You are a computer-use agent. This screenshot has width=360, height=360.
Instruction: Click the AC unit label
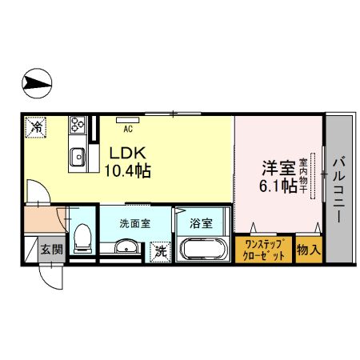(x=126, y=124)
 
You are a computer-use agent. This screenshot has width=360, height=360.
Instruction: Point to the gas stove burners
(x=78, y=125)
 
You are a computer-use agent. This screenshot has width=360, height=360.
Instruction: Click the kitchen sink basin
(x=78, y=155)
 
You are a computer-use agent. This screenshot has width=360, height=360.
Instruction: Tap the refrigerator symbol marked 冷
(x=35, y=126)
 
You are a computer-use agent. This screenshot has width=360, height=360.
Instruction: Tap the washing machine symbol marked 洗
(x=160, y=250)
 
